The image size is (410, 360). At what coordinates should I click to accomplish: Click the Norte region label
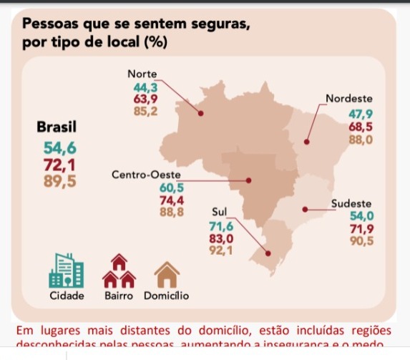[142, 74]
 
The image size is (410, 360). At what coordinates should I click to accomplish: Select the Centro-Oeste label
[147, 175]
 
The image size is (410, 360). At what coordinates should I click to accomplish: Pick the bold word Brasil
[57, 126]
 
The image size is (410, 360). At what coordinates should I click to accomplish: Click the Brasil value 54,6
[57, 148]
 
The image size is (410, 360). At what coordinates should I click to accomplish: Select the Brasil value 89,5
[57, 180]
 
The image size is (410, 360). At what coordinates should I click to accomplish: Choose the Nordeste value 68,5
[360, 127]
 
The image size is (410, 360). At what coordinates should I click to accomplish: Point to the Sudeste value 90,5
[361, 241]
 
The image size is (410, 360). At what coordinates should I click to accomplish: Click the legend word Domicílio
[166, 296]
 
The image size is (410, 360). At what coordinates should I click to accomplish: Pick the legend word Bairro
[119, 296]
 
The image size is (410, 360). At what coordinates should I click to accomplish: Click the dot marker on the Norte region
[200, 112]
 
